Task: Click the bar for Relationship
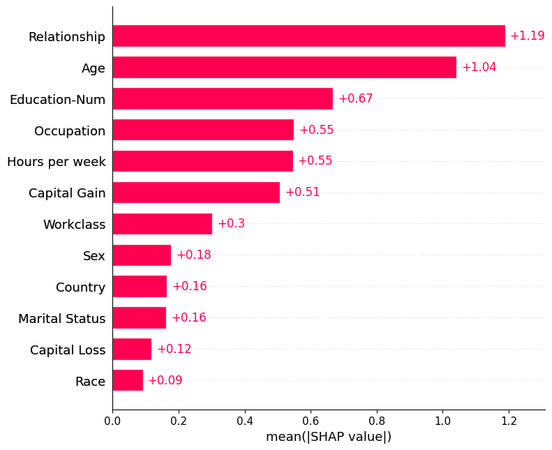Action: coord(308,36)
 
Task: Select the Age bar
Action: coord(284,68)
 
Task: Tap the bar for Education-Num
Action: coord(223,99)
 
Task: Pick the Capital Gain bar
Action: coord(196,193)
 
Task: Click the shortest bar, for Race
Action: coord(128,380)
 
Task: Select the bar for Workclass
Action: coord(162,224)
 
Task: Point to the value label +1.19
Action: coord(527,36)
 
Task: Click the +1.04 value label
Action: coord(479,68)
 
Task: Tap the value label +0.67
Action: coord(355,99)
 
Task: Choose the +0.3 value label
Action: coord(231,224)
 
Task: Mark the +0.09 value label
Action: coord(165,380)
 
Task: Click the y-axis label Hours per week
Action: coord(57,162)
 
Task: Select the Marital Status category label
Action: coord(62,318)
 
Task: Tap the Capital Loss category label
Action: coord(68,350)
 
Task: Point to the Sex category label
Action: coord(94,256)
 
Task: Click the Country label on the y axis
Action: coord(81,287)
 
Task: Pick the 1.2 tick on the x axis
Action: coord(509,421)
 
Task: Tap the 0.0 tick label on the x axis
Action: coord(112,421)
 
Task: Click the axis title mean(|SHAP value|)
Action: coord(329,437)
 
